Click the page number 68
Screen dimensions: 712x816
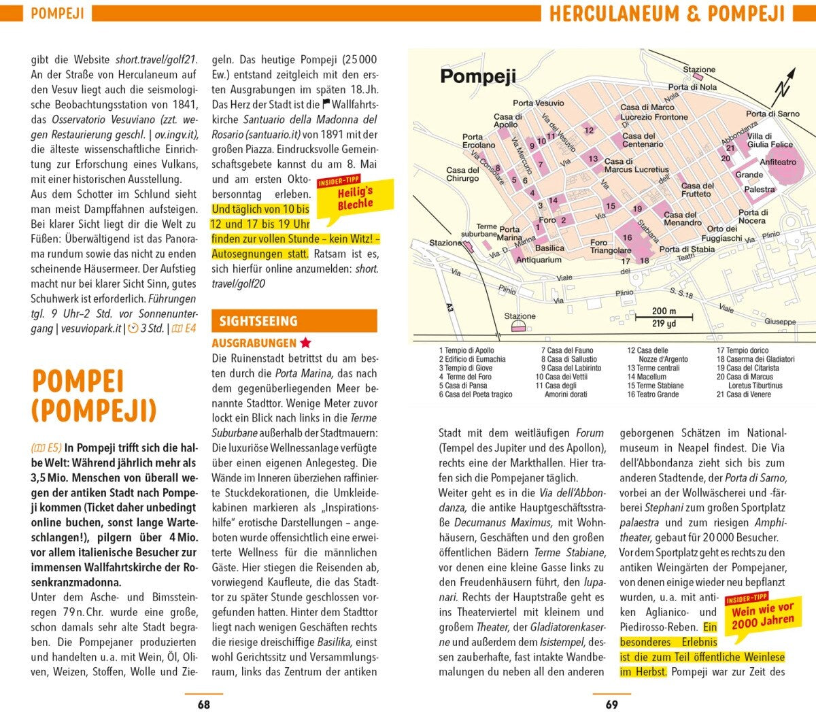(x=203, y=705)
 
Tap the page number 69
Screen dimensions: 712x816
(x=612, y=705)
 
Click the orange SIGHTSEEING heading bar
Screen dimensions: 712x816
(x=294, y=321)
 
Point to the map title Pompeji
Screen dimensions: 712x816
(x=477, y=76)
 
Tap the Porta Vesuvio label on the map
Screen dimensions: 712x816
(x=538, y=103)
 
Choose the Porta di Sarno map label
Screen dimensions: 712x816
(x=772, y=114)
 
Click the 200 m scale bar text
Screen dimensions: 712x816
(x=664, y=311)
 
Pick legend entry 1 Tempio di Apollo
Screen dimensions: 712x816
(x=466, y=351)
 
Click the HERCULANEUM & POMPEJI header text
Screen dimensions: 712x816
(x=666, y=14)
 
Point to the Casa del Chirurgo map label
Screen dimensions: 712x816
(x=462, y=174)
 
